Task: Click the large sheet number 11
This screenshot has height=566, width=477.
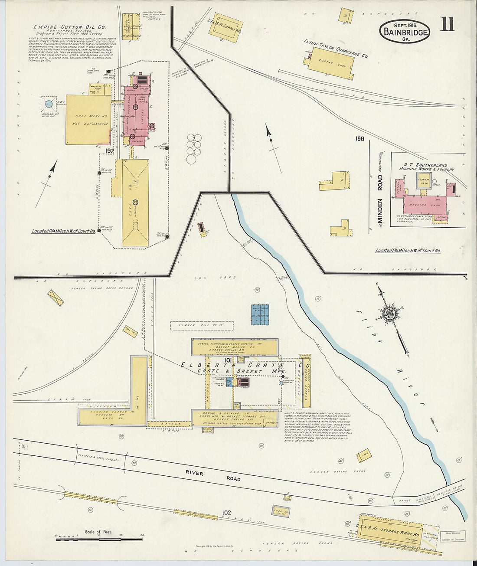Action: pyautogui.click(x=447, y=24)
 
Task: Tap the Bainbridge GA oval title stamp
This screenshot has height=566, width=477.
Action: pyautogui.click(x=405, y=32)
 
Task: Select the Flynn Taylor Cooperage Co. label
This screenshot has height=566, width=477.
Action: pyautogui.click(x=336, y=49)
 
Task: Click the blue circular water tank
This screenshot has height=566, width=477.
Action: pyautogui.click(x=49, y=104)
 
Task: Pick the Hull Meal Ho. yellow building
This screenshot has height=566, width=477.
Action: pyautogui.click(x=88, y=120)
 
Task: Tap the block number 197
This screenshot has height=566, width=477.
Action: pyautogui.click(x=109, y=150)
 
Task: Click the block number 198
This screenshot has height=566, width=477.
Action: pyautogui.click(x=359, y=139)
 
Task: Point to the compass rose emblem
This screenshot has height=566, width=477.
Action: pyautogui.click(x=387, y=313)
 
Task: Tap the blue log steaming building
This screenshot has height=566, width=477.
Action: pyautogui.click(x=260, y=314)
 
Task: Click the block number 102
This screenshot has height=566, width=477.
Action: pyautogui.click(x=226, y=512)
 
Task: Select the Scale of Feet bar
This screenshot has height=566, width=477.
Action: pyautogui.click(x=99, y=536)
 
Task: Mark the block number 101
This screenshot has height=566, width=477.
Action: pyautogui.click(x=228, y=360)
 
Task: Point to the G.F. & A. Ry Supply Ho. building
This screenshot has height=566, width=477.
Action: pyautogui.click(x=225, y=29)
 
